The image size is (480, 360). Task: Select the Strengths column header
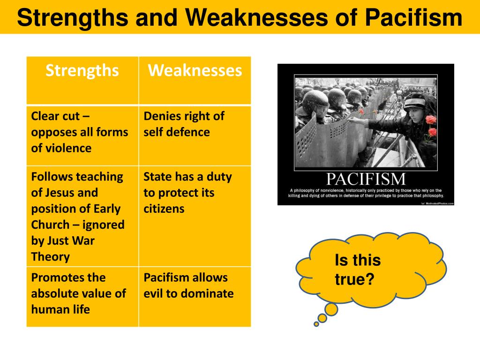click(82, 71)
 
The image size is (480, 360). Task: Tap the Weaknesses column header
click(195, 71)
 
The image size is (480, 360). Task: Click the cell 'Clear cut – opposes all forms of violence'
click(80, 132)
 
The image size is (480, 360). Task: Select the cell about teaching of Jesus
click(78, 216)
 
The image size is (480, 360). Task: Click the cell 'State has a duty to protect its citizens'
click(187, 193)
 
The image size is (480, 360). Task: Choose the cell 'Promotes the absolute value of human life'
click(79, 293)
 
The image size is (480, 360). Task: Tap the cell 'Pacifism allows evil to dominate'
click(188, 285)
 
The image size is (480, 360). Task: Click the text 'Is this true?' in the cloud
click(357, 270)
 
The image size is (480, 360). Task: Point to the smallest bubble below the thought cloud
click(316, 323)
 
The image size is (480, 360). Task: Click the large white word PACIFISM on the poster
click(365, 179)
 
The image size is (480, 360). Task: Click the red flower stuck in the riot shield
click(361, 112)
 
